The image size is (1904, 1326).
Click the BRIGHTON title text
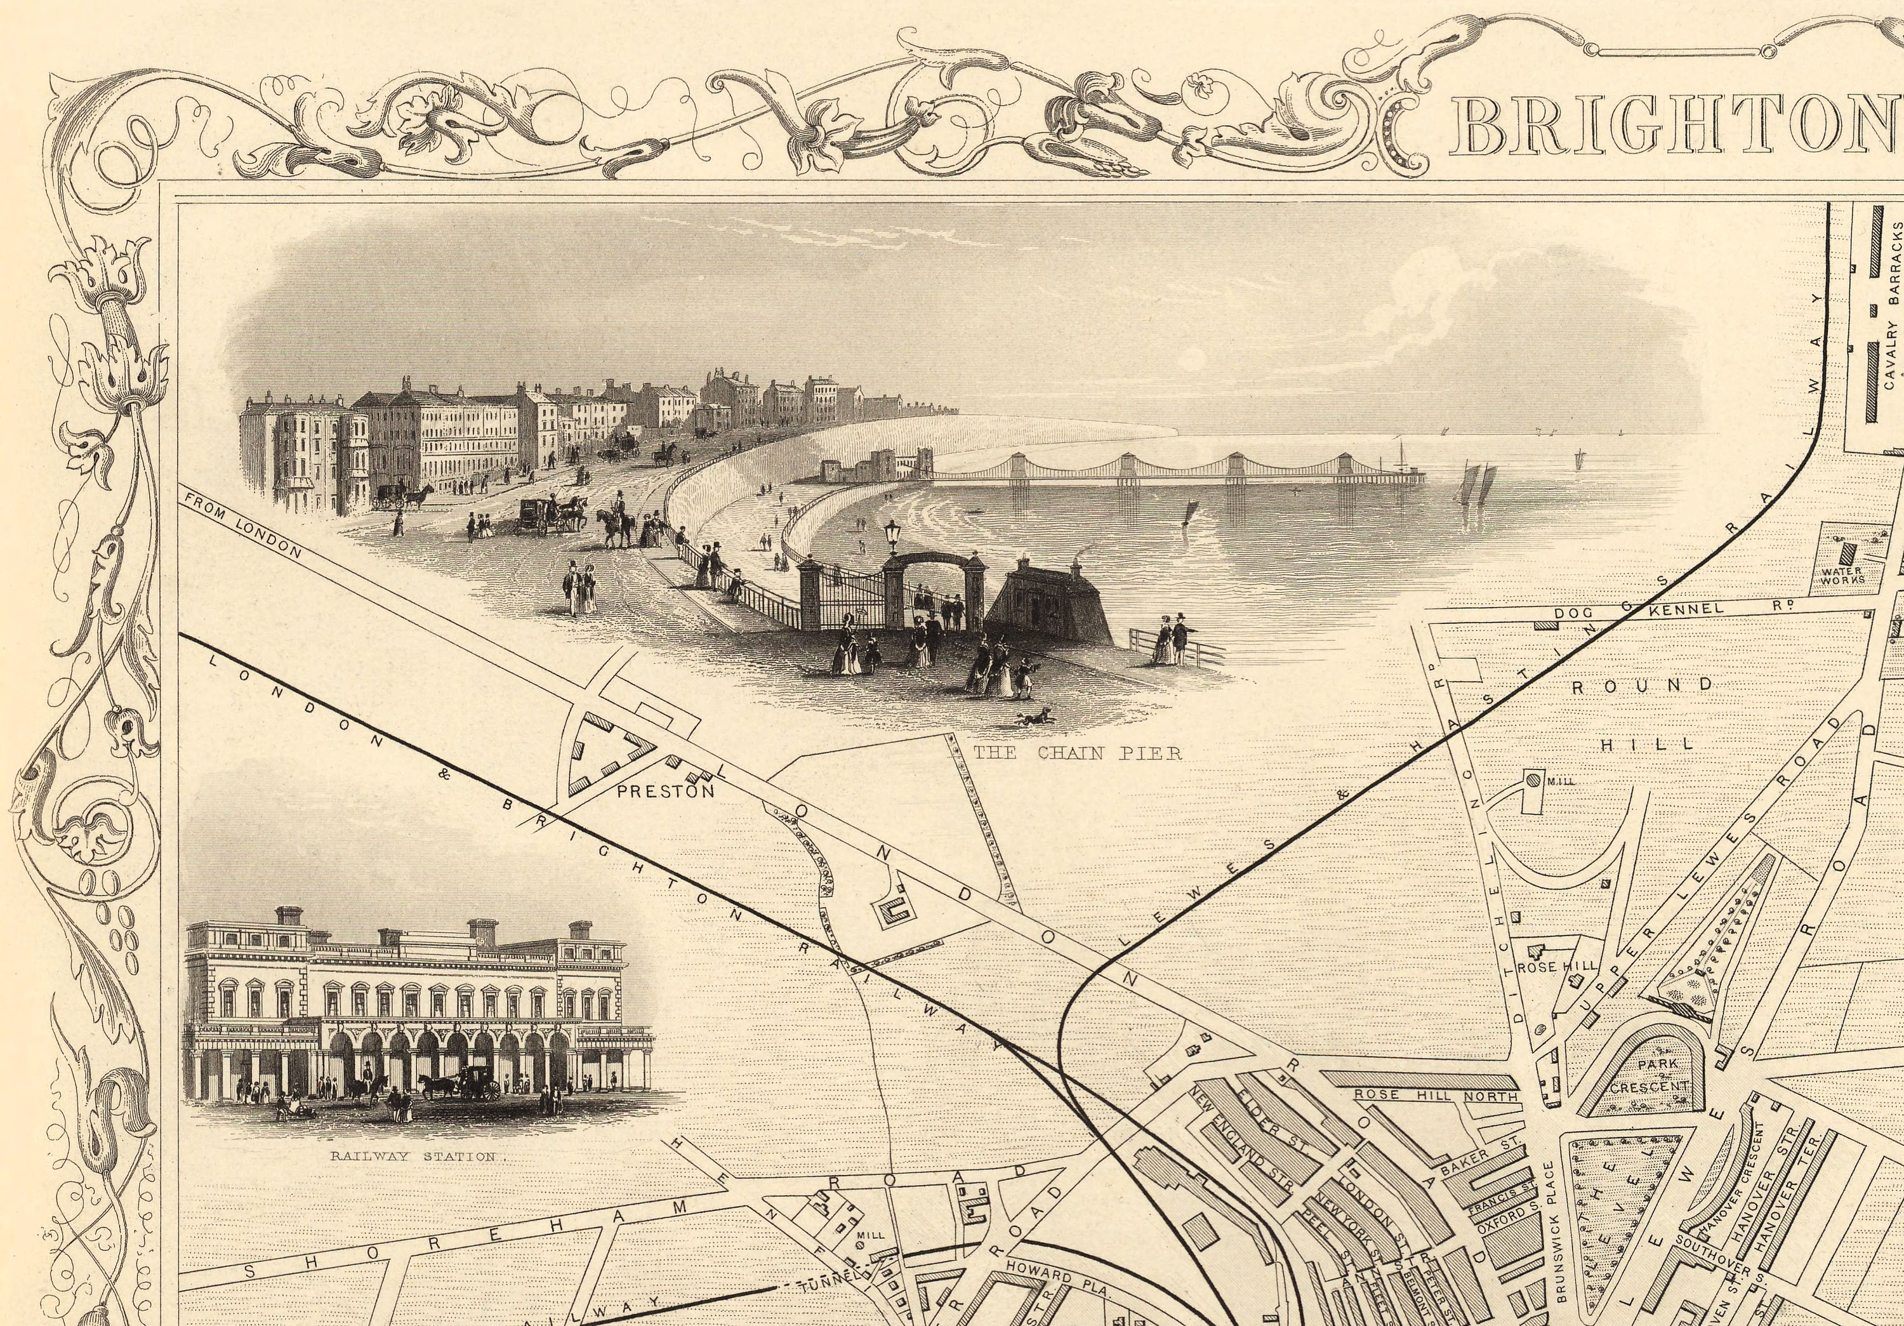[x=1675, y=126]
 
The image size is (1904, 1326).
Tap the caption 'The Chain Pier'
[x=1077, y=753]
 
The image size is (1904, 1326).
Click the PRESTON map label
[x=666, y=791]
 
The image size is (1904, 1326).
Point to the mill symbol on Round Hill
[x=1533, y=779]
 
